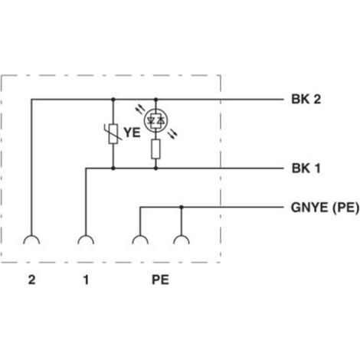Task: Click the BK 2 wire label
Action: point(306,99)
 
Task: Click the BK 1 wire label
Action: point(306,169)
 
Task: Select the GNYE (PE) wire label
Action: point(325,208)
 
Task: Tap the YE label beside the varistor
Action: point(132,133)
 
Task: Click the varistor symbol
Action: point(113,134)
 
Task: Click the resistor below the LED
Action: point(155,149)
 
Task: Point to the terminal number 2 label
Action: point(31,280)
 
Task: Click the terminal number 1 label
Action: point(86,280)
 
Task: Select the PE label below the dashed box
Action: point(160,280)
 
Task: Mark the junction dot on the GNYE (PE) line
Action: point(182,207)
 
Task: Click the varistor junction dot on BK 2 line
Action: point(113,99)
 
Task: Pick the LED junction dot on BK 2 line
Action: point(156,99)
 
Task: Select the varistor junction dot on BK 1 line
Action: point(113,169)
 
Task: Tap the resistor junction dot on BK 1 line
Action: point(155,169)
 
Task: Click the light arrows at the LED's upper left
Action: point(140,110)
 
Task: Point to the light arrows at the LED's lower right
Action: point(172,133)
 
